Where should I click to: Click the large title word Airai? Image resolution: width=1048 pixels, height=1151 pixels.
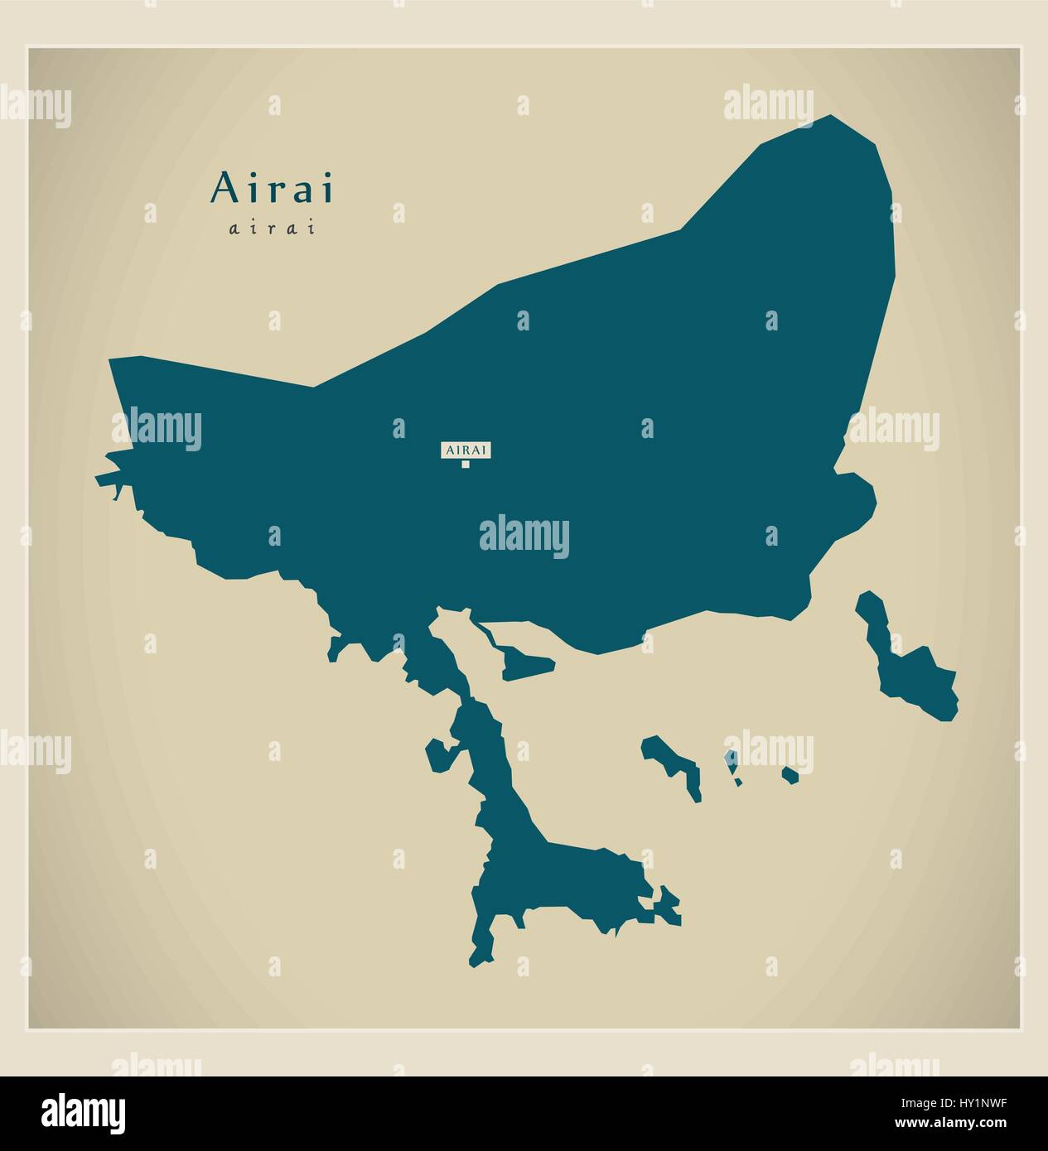[273, 188]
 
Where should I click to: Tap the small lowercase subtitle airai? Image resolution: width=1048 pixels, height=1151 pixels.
[273, 229]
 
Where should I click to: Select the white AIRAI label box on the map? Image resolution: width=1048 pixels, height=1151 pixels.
[466, 450]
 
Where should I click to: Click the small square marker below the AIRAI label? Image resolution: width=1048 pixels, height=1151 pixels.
[466, 464]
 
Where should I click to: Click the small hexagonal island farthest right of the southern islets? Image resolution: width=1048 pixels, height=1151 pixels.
[790, 776]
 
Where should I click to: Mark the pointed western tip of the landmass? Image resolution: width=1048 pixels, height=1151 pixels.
[99, 479]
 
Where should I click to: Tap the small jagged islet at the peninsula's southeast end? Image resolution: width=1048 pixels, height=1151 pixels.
[666, 907]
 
